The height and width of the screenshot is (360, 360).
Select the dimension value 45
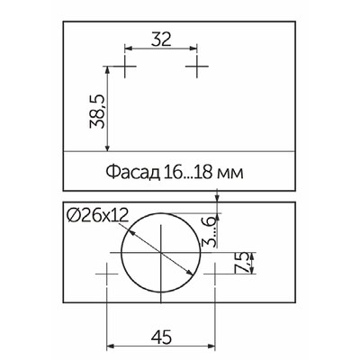pyautogui.click(x=161, y=338)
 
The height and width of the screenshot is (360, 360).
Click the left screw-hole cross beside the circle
pyautogui.click(x=107, y=272)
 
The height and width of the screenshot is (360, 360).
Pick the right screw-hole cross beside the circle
pyautogui.click(x=214, y=272)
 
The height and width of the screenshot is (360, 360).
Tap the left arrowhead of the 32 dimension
pyautogui.click(x=128, y=49)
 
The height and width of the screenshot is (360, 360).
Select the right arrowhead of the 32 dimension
pyautogui.click(x=193, y=49)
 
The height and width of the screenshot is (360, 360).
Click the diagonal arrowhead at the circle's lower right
pyautogui.click(x=191, y=276)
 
